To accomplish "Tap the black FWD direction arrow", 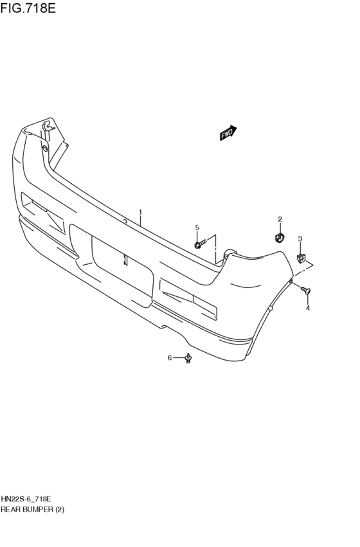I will pos(228,132).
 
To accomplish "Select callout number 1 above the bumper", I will pos(140,211).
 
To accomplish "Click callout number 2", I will pos(280,219).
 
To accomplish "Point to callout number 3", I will pos(300,239).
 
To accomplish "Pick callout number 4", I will pos(307,309).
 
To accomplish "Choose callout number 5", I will pos(197,227).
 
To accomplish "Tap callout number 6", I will pos(170,357).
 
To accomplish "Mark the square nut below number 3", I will pos(301,258).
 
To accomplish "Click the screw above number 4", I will pos(307,292).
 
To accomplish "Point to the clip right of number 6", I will pos(188,359).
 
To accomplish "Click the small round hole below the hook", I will pos(44,148).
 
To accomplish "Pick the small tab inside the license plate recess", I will pos(125,260).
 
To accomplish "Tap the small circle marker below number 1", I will pos(125,221).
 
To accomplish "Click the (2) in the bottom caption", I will pos(59,508).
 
